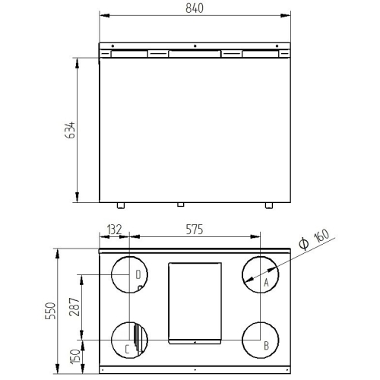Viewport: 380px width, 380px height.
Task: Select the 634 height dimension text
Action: point(71,131)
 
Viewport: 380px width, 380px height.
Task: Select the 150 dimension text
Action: point(74,356)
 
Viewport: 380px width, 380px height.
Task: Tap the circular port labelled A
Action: point(259,275)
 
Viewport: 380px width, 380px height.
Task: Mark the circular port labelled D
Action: point(128,275)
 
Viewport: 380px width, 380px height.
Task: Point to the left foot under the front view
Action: point(119,205)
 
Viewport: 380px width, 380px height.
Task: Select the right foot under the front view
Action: point(269,205)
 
